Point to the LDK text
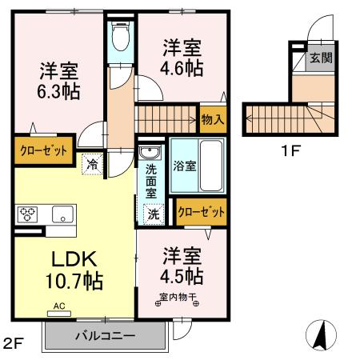point(74,258)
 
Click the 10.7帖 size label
point(74,281)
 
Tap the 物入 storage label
point(213,119)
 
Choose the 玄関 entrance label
point(322,59)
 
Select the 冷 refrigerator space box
point(94,163)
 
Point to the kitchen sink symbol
point(62,214)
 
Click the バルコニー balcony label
point(106,335)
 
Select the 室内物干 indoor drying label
point(178,299)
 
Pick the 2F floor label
point(14,345)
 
